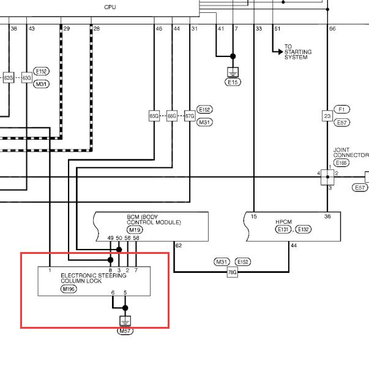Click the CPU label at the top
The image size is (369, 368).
(110, 7)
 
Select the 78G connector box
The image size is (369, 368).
(232, 272)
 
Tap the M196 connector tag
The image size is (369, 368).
(69, 289)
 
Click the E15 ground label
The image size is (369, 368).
(233, 82)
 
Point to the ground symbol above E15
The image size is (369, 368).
(233, 72)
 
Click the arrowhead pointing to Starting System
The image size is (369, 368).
(280, 52)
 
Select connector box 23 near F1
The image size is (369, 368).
(327, 116)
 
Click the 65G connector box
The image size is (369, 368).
(154, 116)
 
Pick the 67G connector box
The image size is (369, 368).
(190, 116)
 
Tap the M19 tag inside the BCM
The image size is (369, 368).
(135, 230)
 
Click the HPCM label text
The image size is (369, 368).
(284, 222)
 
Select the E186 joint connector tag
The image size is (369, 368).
(341, 163)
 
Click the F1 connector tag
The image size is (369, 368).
(341, 109)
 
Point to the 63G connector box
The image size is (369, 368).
(26, 78)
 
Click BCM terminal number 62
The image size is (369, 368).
(179, 245)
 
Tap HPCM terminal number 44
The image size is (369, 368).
(294, 245)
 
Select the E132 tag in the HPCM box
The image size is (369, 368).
(303, 229)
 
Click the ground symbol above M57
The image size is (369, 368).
(125, 321)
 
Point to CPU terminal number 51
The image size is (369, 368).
(277, 29)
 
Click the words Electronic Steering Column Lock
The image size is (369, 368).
(94, 278)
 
